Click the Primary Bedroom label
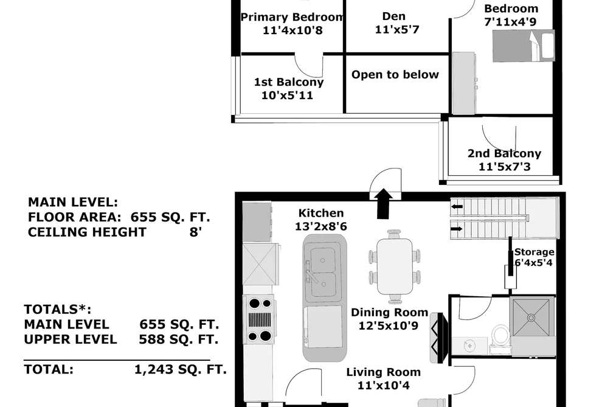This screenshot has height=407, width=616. tap(292, 17)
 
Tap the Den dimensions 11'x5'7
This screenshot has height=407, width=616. tap(397, 29)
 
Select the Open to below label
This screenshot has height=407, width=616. tap(395, 75)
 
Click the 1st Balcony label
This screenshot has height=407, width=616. tap(289, 82)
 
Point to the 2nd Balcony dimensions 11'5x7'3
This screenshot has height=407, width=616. tap(505, 167)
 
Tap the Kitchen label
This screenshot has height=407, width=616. tap(321, 213)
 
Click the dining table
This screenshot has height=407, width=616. tap(395, 266)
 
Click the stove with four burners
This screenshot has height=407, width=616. tap(260, 319)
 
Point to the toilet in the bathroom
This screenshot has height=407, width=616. tap(500, 336)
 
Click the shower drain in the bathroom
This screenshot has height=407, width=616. tap(531, 317)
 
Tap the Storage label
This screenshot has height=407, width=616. tap(535, 252)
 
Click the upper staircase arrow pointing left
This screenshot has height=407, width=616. tap(457, 207)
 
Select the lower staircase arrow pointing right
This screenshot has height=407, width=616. tap(457, 229)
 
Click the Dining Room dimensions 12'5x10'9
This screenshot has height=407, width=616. tap(388, 325)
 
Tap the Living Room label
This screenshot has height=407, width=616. tap(384, 372)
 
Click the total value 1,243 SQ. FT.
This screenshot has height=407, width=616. tap(181, 369)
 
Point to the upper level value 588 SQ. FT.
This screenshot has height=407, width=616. tap(178, 339)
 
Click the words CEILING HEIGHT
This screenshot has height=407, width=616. tap(87, 232)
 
